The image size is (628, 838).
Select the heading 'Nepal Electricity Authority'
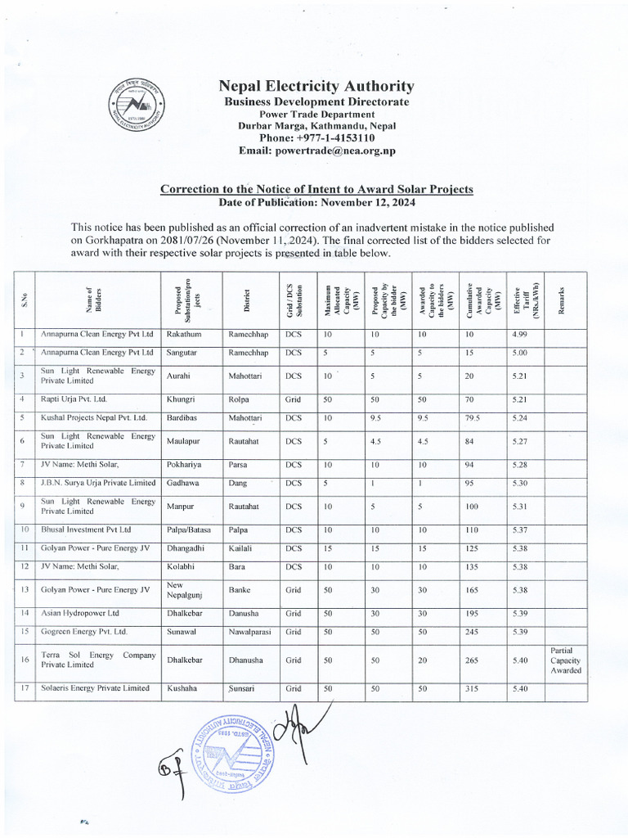[316, 87]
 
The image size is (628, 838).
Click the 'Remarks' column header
[565, 299]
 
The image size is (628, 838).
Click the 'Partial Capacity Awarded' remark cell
[565, 660]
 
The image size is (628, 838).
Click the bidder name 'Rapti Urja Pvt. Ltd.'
[74, 399]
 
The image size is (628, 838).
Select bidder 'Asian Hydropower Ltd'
[80, 612]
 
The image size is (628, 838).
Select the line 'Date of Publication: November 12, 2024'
[316, 201]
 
